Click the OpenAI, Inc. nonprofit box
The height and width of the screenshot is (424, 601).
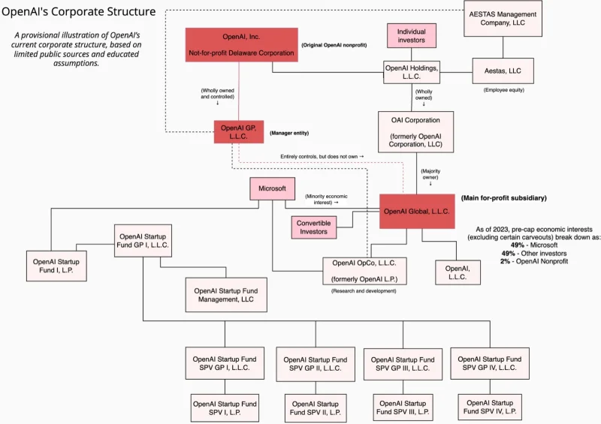click(240, 45)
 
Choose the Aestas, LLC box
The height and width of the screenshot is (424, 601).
click(503, 71)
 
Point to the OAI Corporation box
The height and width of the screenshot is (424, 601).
click(416, 131)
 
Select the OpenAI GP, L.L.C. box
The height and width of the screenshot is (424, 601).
click(239, 132)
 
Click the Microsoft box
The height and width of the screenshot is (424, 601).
click(273, 188)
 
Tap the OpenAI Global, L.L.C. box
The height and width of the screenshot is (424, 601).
click(416, 212)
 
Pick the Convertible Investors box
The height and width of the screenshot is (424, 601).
click(313, 227)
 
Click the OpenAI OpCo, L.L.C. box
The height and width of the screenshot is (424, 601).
click(364, 270)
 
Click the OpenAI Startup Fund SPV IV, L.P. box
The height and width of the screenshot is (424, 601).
click(489, 407)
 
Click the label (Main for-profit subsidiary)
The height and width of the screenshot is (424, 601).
click(504, 197)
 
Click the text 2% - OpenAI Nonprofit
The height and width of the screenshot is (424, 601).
click(535, 260)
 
